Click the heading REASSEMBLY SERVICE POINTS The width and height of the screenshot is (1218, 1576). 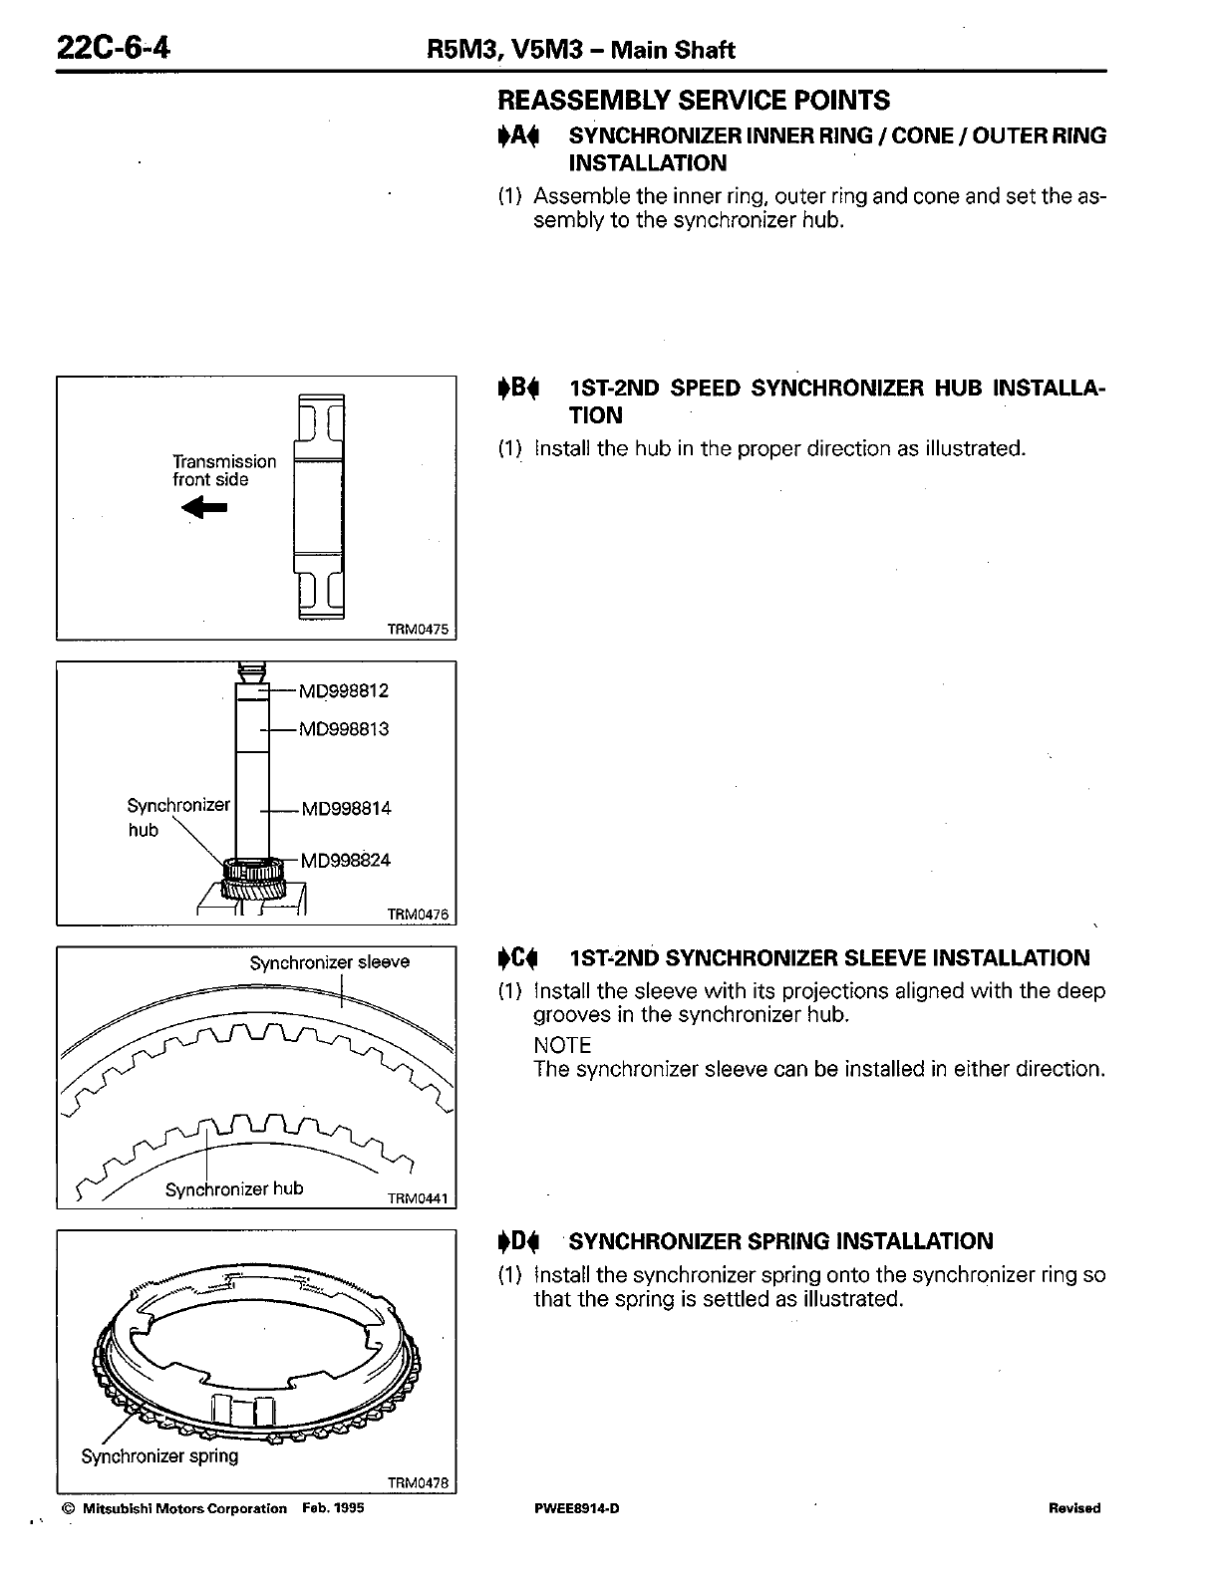(693, 100)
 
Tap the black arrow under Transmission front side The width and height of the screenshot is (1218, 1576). (206, 508)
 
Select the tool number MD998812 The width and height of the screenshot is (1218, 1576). (344, 690)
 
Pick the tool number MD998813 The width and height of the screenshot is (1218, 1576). (344, 729)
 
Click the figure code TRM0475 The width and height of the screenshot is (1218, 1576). (418, 630)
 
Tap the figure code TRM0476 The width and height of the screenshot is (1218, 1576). (418, 915)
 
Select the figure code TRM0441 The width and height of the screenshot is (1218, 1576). (418, 1199)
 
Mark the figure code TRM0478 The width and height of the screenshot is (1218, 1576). (418, 1483)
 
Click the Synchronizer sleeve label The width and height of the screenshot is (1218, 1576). (329, 962)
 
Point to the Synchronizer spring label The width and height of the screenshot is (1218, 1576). (159, 1456)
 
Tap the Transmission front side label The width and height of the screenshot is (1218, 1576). (224, 470)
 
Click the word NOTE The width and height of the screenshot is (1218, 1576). (562, 1045)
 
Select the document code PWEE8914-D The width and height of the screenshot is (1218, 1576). (577, 1508)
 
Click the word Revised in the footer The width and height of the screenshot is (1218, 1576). (1073, 1508)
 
